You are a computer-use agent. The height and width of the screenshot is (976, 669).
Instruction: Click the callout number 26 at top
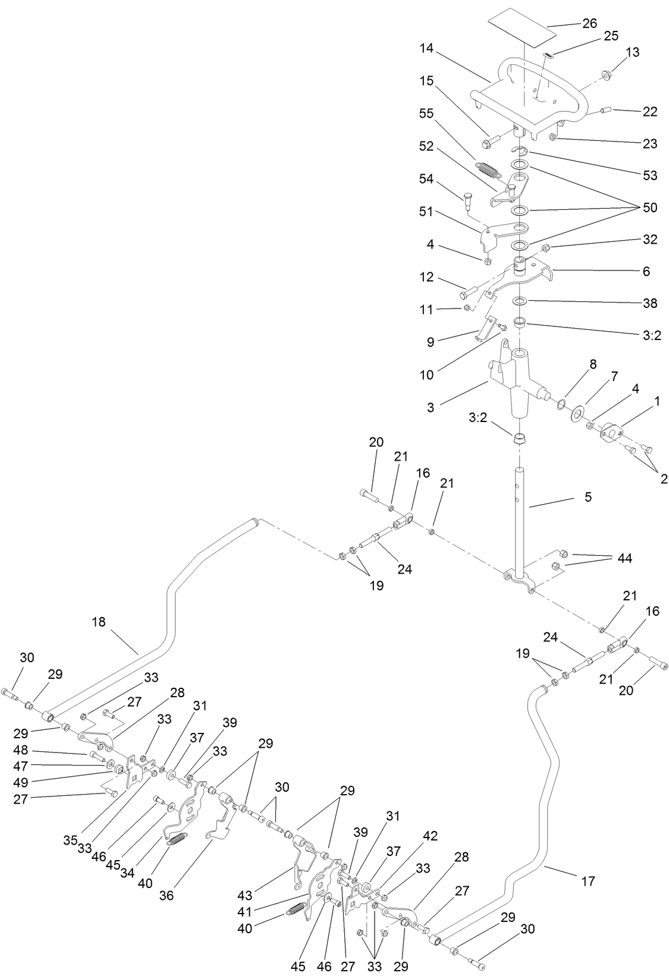click(589, 24)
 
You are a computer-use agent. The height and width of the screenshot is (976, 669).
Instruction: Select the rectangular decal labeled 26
click(517, 30)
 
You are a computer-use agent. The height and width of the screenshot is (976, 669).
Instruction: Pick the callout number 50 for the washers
click(650, 208)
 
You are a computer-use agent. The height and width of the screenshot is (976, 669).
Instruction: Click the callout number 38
click(650, 303)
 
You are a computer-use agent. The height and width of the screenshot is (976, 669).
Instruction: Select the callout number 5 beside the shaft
click(588, 496)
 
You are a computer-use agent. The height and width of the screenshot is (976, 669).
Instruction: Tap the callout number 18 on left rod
click(99, 622)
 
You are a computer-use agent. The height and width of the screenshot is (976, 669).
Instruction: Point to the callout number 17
click(588, 881)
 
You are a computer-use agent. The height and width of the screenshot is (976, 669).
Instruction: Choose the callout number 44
click(624, 558)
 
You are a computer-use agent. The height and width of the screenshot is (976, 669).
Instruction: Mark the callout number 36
click(166, 895)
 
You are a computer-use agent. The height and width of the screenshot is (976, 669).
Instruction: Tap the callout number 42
click(430, 836)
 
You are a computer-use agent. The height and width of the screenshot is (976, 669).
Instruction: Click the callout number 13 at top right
click(633, 52)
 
